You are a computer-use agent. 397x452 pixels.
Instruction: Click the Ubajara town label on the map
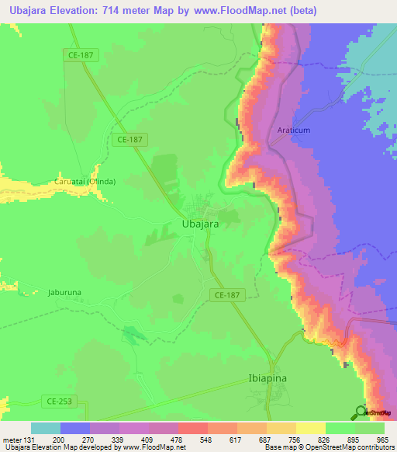[199, 224]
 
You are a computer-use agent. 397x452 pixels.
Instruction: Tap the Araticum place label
[293, 130]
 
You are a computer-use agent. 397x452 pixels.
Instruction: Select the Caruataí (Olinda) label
[85, 182]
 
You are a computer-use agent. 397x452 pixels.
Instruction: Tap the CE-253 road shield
[53, 401]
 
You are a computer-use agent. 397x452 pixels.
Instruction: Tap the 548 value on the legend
[192, 440]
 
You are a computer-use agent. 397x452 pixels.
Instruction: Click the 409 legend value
[133, 440]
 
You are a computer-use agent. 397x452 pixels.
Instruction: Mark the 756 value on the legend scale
[281, 440]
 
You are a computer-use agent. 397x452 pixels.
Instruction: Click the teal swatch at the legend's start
[46, 429]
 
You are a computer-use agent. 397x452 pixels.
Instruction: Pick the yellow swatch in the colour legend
[311, 429]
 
